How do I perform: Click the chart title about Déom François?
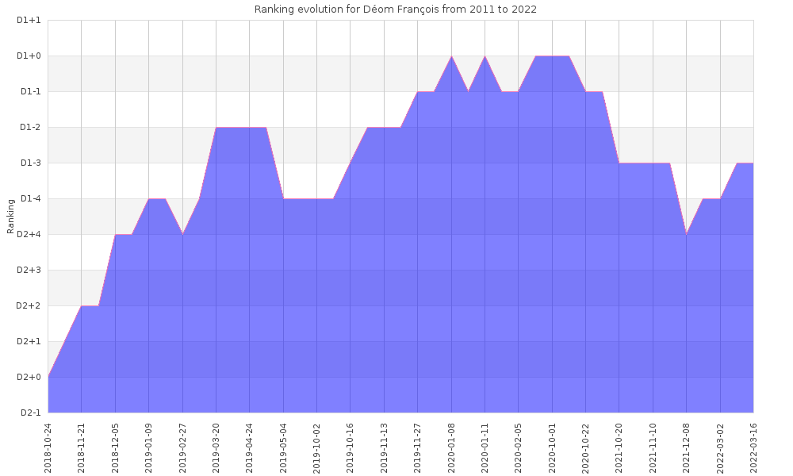pyautogui.click(x=395, y=9)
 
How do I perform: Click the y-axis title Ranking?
pyautogui.click(x=11, y=216)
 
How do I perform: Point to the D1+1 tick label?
pyautogui.click(x=29, y=21)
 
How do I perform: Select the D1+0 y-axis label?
pyautogui.click(x=29, y=56)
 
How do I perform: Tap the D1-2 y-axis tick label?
pyautogui.click(x=30, y=128)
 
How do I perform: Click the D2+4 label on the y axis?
pyautogui.click(x=29, y=235)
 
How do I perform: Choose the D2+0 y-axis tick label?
pyautogui.click(x=29, y=378)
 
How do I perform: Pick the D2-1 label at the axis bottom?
pyautogui.click(x=30, y=413)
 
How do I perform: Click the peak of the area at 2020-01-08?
pyautogui.click(x=451, y=56)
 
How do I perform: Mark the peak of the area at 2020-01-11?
pyautogui.click(x=485, y=56)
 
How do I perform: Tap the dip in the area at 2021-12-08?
pyautogui.click(x=687, y=234)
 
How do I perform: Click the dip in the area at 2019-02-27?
pyautogui.click(x=183, y=234)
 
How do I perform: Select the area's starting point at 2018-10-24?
pyautogui.click(x=48, y=377)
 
